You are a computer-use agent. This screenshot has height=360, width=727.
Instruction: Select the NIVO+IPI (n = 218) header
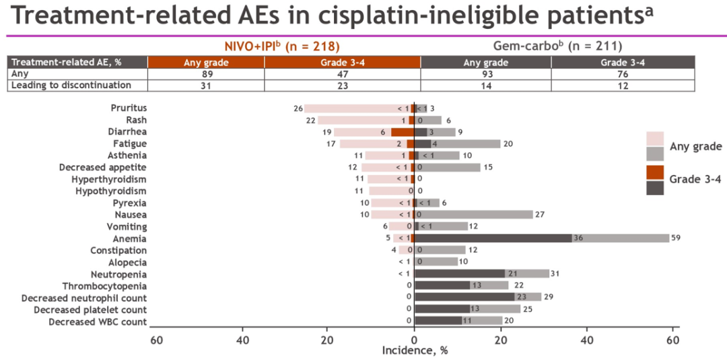pyautogui.click(x=282, y=46)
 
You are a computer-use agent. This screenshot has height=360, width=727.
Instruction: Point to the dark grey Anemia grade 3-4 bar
pyautogui.click(x=493, y=238)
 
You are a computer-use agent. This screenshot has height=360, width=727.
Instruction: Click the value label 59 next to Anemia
pyautogui.click(x=677, y=238)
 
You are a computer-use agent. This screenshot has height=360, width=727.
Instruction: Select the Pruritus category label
pyautogui.click(x=129, y=108)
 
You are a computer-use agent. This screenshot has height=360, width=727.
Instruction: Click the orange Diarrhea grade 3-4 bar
pyautogui.click(x=402, y=132)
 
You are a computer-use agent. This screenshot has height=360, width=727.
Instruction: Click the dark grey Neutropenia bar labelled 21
pyautogui.click(x=459, y=274)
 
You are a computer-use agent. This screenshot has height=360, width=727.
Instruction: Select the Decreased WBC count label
pyautogui.click(x=98, y=322)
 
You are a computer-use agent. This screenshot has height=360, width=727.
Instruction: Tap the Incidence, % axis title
pyautogui.click(x=415, y=351)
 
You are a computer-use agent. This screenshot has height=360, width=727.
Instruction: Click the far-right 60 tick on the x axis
pyautogui.click(x=672, y=340)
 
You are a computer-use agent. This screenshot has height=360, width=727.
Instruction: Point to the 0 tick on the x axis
pyautogui.click(x=415, y=340)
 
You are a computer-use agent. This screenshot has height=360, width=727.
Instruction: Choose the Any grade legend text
pyautogui.click(x=696, y=147)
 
